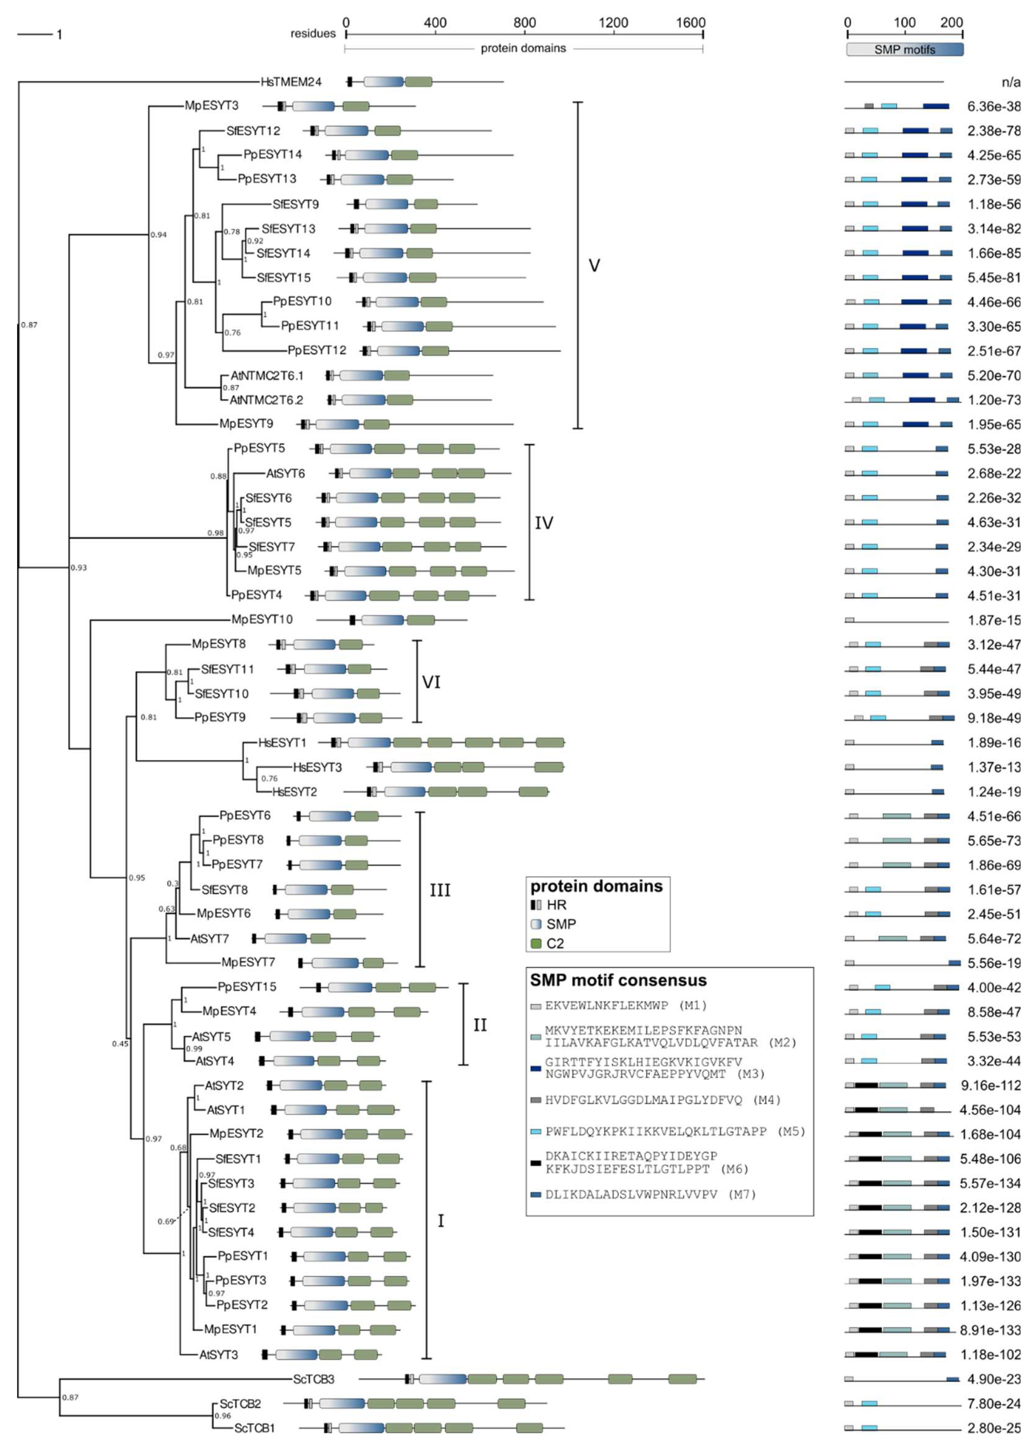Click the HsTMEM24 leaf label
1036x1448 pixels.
click(x=291, y=82)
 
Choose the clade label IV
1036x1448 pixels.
click(x=544, y=523)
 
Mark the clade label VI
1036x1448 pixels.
click(x=431, y=682)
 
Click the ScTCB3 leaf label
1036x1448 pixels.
click(x=313, y=1379)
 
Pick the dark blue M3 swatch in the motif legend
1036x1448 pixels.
click(x=536, y=1068)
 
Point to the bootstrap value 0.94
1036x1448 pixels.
click(x=158, y=235)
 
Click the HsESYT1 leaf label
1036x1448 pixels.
click(x=282, y=743)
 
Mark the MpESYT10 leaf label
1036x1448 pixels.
click(x=261, y=619)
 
